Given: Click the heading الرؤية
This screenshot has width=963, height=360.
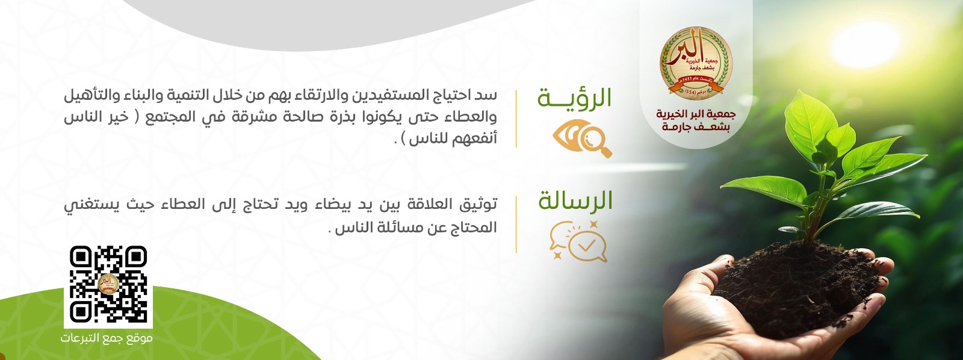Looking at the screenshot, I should (x=574, y=99).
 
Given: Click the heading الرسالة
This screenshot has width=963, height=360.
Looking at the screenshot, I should (x=575, y=201).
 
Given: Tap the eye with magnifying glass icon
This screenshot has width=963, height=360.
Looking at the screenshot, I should (x=581, y=138).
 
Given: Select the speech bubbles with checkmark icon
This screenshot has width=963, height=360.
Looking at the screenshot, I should (x=578, y=241).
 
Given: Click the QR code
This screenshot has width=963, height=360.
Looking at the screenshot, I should (x=108, y=284).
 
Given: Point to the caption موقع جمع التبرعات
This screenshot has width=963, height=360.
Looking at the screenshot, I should (x=107, y=338).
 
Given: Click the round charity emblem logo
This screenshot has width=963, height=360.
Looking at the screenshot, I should (x=696, y=62).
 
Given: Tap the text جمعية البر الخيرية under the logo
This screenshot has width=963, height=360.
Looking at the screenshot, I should (x=696, y=114).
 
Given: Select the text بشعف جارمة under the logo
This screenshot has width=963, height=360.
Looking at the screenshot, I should (x=696, y=127).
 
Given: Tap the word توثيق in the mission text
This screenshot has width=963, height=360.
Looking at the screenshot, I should (x=478, y=205).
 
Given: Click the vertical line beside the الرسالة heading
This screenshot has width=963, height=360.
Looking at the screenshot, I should (x=516, y=224).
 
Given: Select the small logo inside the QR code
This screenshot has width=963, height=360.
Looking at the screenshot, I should (x=108, y=284).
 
